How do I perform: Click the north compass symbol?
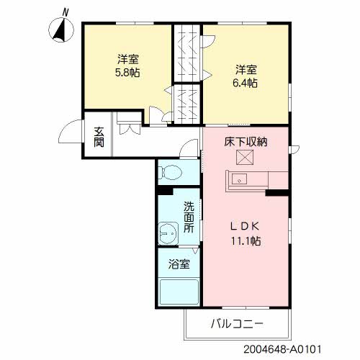(x=61, y=30)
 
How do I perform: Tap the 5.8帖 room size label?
(x=127, y=73)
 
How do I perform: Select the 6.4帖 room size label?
(x=245, y=84)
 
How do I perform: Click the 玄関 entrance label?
(x=99, y=137)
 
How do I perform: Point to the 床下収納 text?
(x=246, y=142)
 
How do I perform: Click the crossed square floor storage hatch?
(x=245, y=157)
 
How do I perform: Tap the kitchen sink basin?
(x=239, y=179)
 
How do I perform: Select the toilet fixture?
(x=170, y=172)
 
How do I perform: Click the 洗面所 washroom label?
(x=189, y=217)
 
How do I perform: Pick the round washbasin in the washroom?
(x=168, y=233)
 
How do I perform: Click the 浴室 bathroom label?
(x=179, y=264)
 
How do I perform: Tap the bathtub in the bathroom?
(x=179, y=292)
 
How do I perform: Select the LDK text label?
(x=245, y=226)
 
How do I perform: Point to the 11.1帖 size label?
(x=246, y=241)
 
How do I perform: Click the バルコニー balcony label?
(x=237, y=324)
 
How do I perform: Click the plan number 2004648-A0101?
(x=282, y=349)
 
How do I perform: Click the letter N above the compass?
(x=66, y=12)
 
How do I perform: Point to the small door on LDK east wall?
(x=294, y=150)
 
